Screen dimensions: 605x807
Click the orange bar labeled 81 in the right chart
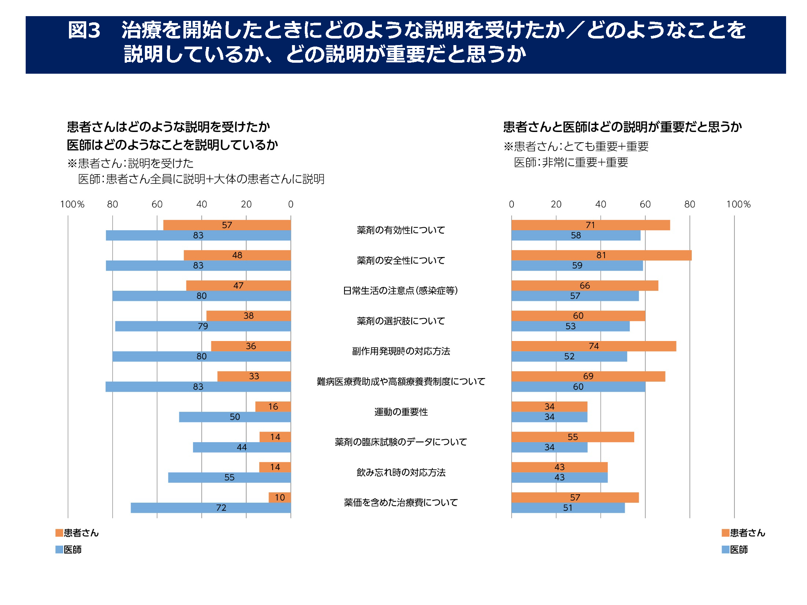602,255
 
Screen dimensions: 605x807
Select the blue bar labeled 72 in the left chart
211,508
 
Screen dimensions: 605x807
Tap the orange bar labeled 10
280,498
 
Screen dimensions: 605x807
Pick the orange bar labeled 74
594,346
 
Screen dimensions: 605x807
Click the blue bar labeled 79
203,326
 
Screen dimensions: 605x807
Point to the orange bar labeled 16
273,407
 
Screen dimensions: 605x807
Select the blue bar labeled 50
235,417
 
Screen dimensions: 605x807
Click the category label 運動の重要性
401,412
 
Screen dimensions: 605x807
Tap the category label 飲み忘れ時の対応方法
401,473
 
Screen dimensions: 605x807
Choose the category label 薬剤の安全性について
401,261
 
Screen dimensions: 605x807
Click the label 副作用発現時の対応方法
401,351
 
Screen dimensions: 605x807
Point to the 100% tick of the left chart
72,204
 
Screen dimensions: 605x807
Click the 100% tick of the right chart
738,204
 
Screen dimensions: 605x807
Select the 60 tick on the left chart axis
157,204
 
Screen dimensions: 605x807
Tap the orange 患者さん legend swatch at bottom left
59,533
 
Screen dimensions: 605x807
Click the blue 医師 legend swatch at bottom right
725,550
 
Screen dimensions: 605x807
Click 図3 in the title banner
84,30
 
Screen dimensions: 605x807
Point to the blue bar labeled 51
568,508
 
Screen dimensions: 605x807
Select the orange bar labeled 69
588,377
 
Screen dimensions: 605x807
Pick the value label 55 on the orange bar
573,437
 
